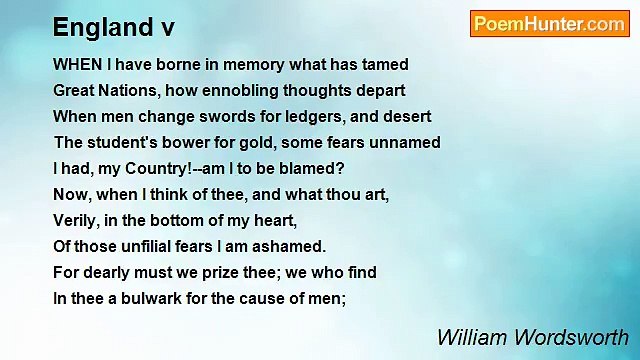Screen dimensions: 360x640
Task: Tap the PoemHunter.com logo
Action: coord(549,24)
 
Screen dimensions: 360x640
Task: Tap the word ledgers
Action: coord(297,116)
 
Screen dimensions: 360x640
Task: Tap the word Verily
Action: coord(76,220)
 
